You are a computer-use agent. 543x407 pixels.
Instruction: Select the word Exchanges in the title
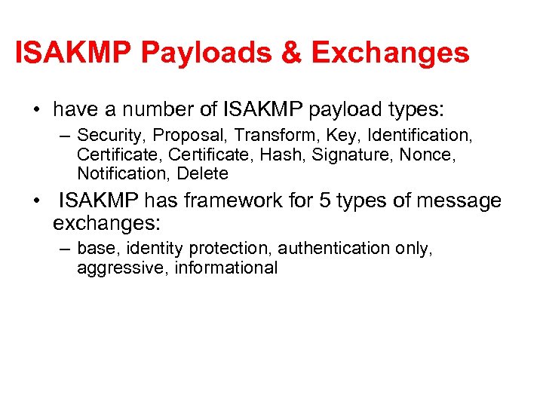[x=390, y=54]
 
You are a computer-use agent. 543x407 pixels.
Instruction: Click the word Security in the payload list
[x=108, y=136]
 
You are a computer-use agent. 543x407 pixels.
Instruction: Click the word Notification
[x=124, y=173]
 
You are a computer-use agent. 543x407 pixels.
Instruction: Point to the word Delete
[x=202, y=173]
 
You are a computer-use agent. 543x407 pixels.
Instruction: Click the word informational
[x=226, y=268]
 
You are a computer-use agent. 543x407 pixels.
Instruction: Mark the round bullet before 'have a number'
[x=36, y=110]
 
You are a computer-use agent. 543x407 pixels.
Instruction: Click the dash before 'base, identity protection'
[x=64, y=249]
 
